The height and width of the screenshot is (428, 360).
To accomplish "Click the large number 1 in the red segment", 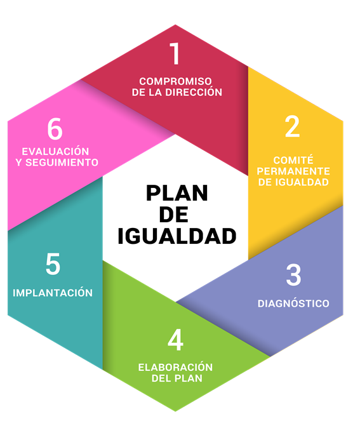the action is tap(175, 53).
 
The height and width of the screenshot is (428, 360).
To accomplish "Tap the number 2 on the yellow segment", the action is tap(292, 126).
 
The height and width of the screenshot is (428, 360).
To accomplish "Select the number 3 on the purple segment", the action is tap(293, 275).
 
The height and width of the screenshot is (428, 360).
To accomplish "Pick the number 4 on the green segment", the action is tap(175, 340).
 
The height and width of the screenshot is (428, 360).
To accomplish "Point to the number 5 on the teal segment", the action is tap(53, 264).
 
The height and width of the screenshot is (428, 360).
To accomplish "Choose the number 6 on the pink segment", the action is tap(55, 129).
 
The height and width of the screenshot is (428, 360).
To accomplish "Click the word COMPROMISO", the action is tap(175, 81).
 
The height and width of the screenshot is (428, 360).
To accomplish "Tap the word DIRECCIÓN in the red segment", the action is tap(194, 92).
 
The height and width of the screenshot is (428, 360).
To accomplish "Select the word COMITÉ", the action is tap(293, 159).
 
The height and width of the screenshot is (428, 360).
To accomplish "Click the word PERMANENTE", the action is tap(293, 171).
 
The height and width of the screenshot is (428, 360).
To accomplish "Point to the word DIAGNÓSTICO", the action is tap(293, 304).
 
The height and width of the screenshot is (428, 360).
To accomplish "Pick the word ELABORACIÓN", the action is tap(175, 367).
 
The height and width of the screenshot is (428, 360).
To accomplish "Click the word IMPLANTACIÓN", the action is tap(53, 293).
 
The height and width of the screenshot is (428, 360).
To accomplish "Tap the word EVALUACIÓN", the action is tap(55, 151).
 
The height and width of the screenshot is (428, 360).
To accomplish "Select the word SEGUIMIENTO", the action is tap(62, 163).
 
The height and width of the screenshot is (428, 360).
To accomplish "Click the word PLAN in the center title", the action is tap(177, 193).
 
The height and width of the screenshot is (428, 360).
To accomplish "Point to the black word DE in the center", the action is tap(173, 215).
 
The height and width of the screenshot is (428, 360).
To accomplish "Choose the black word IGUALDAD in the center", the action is tap(177, 236).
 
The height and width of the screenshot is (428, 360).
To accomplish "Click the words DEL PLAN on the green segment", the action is tap(177, 378).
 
